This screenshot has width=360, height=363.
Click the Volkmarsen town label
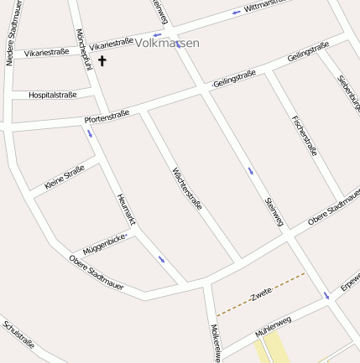[x=167, y=42]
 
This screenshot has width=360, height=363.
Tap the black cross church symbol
[x=102, y=60]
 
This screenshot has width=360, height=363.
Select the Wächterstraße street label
[x=187, y=190]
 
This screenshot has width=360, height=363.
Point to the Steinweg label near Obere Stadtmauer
[x=274, y=211]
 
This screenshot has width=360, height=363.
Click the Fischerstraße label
[x=303, y=135]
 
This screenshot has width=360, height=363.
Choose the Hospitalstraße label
[x=52, y=95]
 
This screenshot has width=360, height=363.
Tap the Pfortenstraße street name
[x=107, y=118]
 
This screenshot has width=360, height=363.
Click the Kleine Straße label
[x=65, y=176]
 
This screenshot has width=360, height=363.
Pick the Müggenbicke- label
[x=105, y=245]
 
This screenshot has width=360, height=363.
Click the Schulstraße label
[x=18, y=333]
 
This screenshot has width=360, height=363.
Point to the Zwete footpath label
[x=262, y=293]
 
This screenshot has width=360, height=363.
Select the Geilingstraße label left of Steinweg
[x=234, y=79]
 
